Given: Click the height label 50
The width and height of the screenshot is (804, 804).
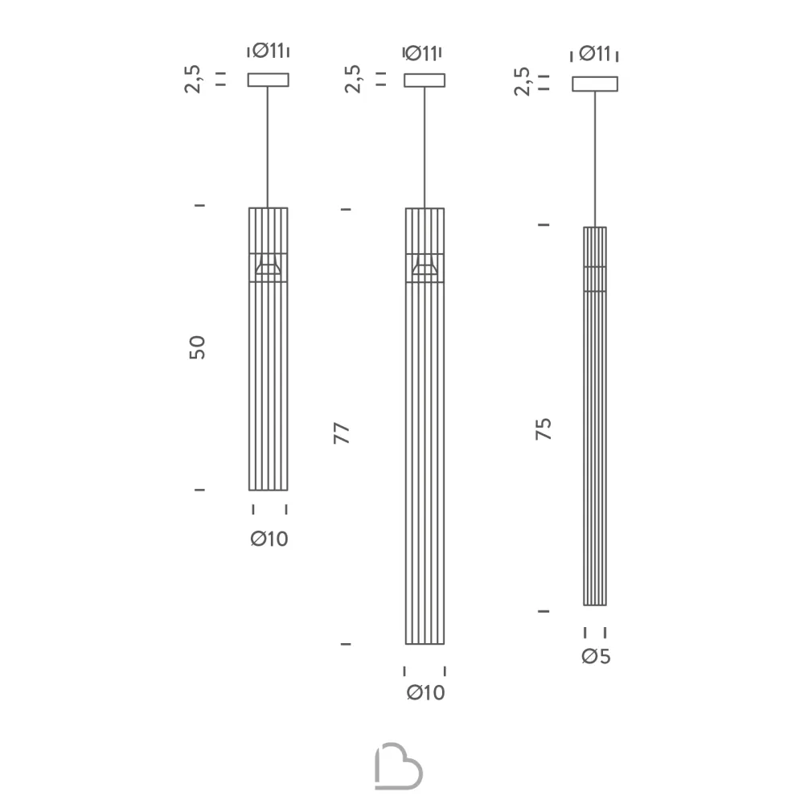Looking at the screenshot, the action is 198,347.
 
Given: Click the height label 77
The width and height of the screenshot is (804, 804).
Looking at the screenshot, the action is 342,433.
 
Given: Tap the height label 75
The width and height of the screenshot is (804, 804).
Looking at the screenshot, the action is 544,429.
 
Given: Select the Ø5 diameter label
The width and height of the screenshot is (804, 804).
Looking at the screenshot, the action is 596,656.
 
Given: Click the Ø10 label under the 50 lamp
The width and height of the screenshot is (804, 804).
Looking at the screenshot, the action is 269,539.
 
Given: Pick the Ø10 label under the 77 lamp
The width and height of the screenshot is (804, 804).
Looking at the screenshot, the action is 425,693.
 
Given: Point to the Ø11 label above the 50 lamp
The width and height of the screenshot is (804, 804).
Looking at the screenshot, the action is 269,50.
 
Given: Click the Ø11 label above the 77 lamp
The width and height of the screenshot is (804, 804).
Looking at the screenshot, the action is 421,53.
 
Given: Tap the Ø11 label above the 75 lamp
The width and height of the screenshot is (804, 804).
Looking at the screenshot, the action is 595,53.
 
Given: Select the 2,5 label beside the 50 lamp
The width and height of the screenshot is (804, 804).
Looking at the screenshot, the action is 193,79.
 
